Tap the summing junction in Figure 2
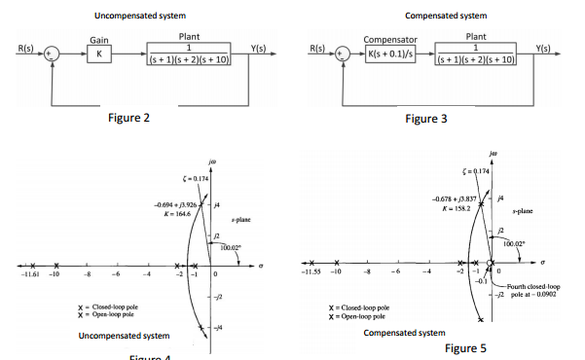point(55,54)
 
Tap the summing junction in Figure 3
point(341,54)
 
